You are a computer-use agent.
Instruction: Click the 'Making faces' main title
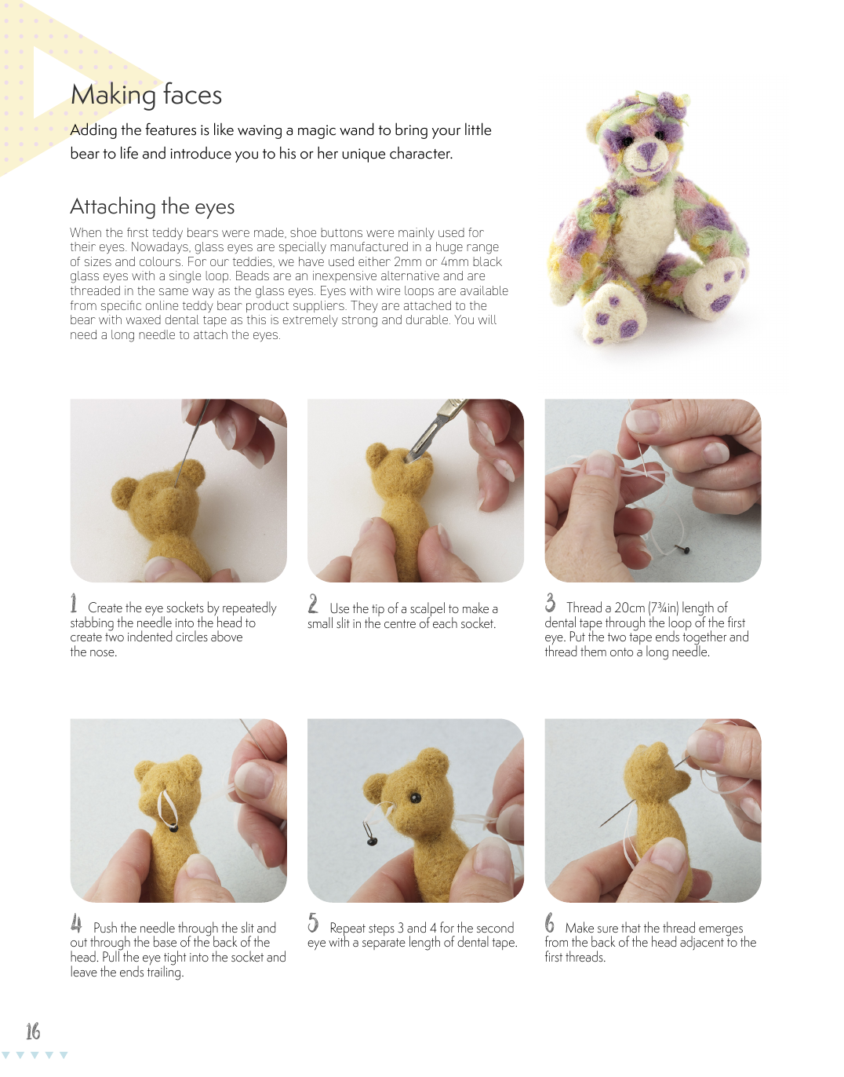coord(146,95)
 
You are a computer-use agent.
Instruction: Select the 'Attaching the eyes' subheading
coord(152,206)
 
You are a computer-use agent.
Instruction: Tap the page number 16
coord(33,1031)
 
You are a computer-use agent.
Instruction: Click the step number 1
coord(74,603)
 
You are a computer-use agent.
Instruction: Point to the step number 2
coord(313,604)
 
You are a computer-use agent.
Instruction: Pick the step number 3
coord(550,603)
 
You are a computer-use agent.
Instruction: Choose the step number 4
coord(76,923)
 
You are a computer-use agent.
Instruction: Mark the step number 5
coord(313,923)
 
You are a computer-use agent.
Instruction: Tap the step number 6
coord(550,923)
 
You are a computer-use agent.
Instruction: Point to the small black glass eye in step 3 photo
coord(685,549)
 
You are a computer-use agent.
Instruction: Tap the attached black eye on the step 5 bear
coord(415,798)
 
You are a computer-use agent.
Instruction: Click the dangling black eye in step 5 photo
coord(372,841)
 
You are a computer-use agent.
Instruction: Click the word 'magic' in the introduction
coord(315,130)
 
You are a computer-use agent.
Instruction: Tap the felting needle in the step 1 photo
coord(191,442)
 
